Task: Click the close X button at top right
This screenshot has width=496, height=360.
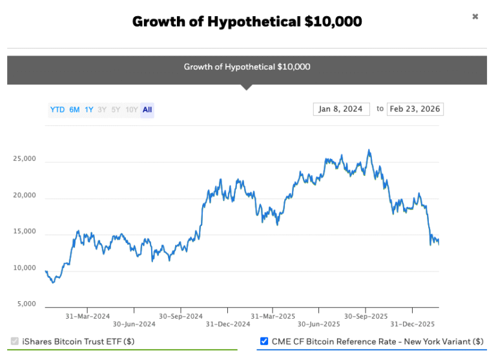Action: click(475, 17)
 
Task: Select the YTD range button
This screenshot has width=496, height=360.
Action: click(57, 110)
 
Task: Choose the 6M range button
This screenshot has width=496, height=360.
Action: click(74, 110)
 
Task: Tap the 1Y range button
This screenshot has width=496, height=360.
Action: click(89, 110)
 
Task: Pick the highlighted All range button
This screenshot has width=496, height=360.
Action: click(147, 110)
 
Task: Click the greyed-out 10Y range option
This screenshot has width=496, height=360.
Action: click(131, 110)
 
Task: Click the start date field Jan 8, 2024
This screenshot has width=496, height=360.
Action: click(341, 109)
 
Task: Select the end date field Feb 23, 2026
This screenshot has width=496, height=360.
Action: click(415, 109)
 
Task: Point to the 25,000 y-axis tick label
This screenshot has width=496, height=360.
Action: click(25, 159)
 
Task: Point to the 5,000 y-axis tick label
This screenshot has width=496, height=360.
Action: click(27, 304)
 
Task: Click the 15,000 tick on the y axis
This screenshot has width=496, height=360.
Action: click(25, 232)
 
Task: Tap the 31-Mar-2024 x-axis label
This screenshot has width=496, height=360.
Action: click(88, 316)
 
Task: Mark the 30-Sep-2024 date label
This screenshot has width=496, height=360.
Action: click(180, 316)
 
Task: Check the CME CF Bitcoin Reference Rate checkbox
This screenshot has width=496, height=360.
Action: click(264, 341)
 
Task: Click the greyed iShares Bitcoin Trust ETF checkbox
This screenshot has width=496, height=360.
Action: click(15, 341)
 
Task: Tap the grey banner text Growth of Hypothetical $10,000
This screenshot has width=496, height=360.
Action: click(247, 67)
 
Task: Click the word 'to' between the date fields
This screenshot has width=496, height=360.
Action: click(380, 109)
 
